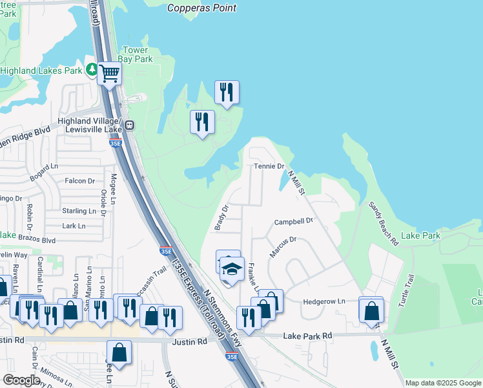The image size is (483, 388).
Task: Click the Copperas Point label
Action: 201,8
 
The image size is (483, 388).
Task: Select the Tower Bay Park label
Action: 138,55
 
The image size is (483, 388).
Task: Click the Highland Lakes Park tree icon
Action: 92,69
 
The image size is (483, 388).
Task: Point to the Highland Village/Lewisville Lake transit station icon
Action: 129,125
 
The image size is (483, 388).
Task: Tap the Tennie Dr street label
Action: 269,167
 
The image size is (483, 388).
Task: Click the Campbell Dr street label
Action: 293,221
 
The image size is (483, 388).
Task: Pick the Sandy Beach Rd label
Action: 383,223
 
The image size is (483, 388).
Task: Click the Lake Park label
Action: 420,235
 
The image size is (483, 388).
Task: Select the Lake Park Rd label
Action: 307,336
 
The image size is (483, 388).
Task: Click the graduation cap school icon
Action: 232,269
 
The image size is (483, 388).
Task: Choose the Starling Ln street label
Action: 74,211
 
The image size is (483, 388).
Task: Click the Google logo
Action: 21,380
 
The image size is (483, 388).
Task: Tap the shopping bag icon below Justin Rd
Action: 119,352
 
